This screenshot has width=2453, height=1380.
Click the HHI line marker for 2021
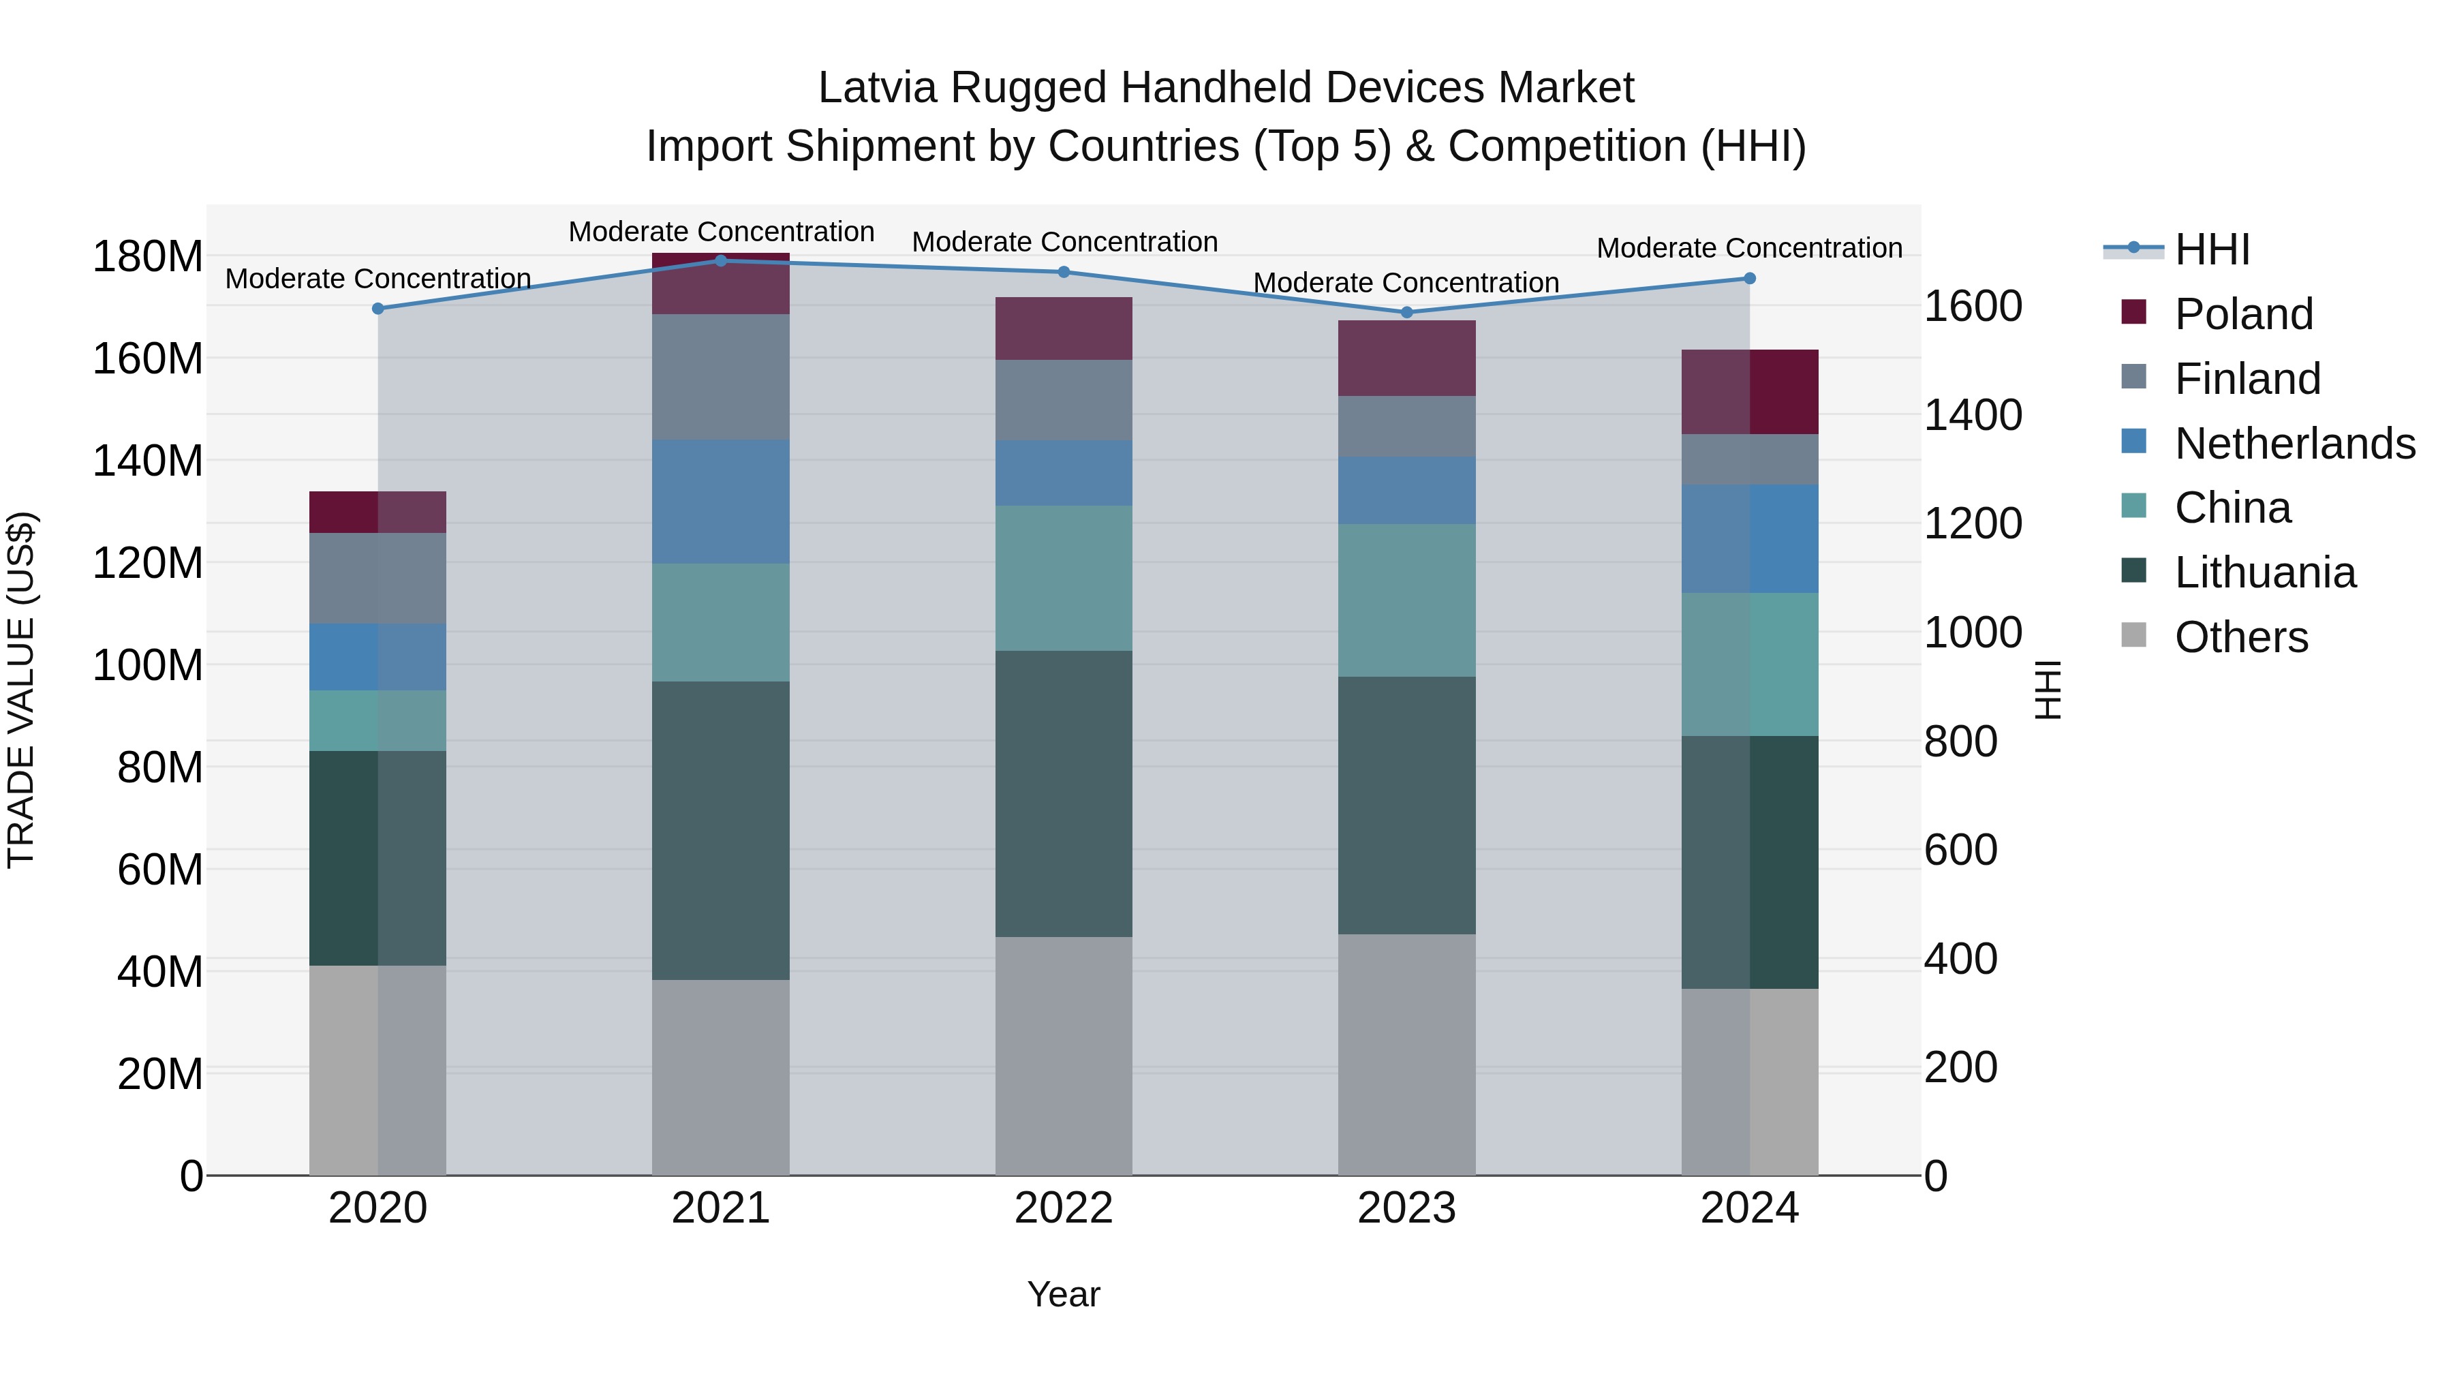(721, 261)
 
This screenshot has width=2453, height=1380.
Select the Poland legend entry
(2242, 314)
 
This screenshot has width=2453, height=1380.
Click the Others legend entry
(2240, 637)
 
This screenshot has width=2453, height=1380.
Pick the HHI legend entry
(2212, 249)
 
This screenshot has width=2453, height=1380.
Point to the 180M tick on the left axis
(148, 257)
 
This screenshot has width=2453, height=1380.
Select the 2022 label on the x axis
(1064, 1208)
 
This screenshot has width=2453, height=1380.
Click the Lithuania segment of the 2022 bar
(1064, 793)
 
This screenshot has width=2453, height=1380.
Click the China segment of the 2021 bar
(721, 622)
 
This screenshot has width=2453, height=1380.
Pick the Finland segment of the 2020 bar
(378, 578)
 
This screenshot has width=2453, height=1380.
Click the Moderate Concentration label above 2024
(1749, 247)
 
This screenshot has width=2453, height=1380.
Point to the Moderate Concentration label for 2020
(378, 279)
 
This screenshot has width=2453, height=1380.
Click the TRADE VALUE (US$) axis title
(21, 690)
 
